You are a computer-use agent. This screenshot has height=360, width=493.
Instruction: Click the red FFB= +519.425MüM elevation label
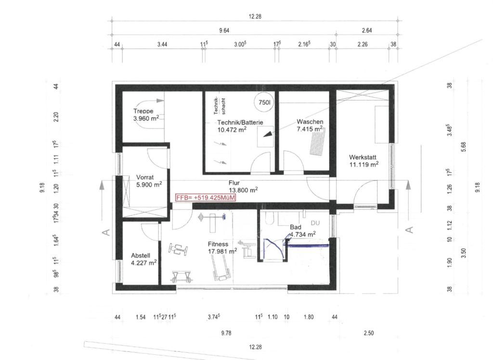click(205, 198)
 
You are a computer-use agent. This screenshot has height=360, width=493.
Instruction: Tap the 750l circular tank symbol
click(264, 102)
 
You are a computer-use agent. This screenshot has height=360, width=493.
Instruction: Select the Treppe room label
click(143, 111)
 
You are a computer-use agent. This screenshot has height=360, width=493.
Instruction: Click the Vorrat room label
click(145, 177)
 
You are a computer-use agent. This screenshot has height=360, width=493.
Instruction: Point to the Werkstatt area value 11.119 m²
click(364, 165)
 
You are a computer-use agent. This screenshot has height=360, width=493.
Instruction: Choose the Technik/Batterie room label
click(240, 122)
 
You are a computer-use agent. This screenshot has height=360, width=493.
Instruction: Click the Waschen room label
click(310, 122)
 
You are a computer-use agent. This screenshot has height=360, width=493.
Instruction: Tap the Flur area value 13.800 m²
click(243, 190)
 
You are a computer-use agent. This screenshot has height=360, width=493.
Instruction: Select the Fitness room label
click(218, 244)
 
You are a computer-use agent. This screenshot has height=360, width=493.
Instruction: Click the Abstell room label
click(141, 256)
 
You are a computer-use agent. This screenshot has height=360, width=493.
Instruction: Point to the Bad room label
click(296, 227)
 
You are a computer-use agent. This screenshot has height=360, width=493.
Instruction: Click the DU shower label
click(315, 223)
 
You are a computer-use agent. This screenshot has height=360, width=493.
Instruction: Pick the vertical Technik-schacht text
click(220, 106)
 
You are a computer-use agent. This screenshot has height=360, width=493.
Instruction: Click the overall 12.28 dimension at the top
click(255, 16)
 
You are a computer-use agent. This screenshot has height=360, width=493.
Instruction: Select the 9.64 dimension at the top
click(224, 30)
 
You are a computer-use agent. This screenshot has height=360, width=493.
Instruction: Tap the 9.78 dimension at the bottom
click(226, 333)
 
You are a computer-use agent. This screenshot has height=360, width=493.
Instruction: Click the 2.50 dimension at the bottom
click(369, 333)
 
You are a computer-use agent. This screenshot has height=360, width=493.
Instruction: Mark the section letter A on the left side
click(106, 232)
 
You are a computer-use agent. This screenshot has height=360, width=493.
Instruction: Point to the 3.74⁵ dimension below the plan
click(213, 317)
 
